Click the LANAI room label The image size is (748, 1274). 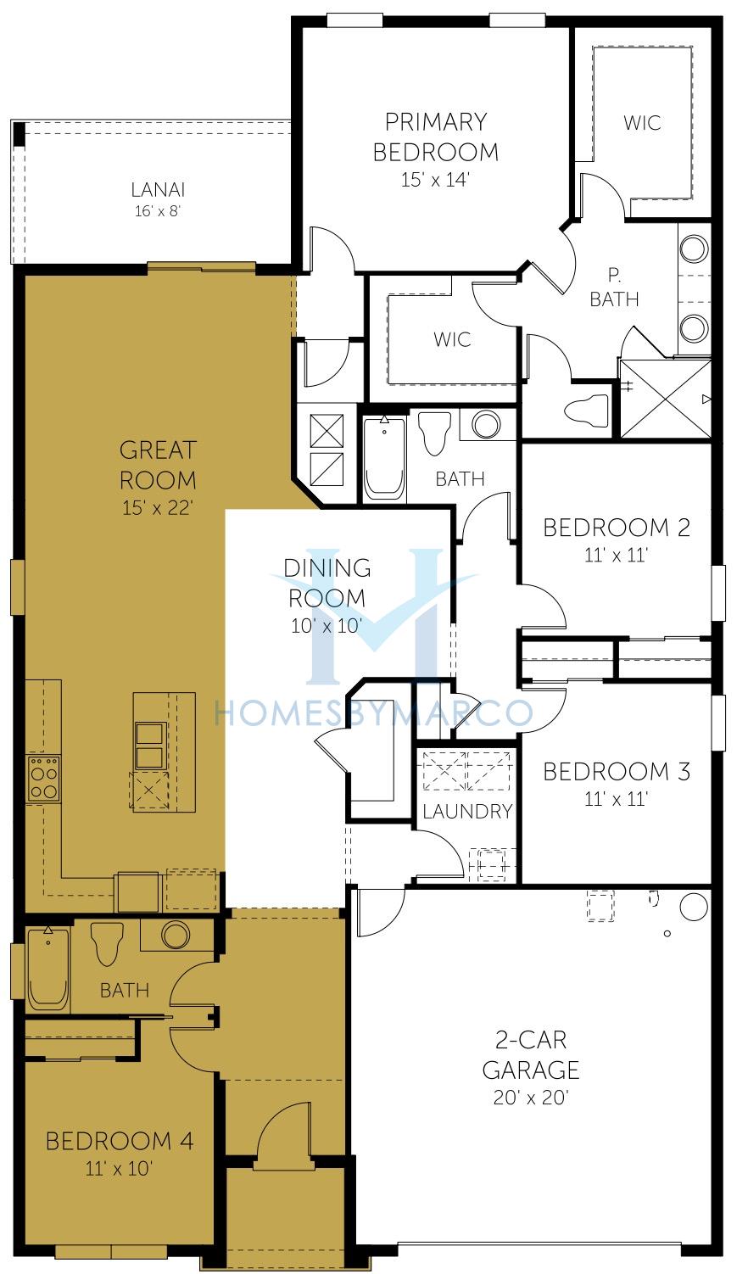[158, 189]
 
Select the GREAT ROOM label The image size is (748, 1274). [158, 465]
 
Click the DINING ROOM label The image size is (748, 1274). [327, 583]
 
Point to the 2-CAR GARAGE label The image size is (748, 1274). [531, 1055]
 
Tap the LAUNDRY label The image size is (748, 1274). [467, 812]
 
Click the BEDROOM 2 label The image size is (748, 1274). [617, 528]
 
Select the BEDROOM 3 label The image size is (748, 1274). [617, 772]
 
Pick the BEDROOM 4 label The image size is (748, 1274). [120, 1141]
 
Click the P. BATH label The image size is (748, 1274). [614, 288]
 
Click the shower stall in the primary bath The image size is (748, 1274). [665, 399]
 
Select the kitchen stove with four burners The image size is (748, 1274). [44, 779]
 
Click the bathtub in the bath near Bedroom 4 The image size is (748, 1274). [48, 969]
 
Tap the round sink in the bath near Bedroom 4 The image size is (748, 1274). [176, 935]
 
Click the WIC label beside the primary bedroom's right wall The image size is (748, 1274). [642, 123]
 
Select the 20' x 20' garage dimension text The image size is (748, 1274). [531, 1097]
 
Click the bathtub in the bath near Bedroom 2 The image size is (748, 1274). [384, 458]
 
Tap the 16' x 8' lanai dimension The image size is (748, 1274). [158, 211]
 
